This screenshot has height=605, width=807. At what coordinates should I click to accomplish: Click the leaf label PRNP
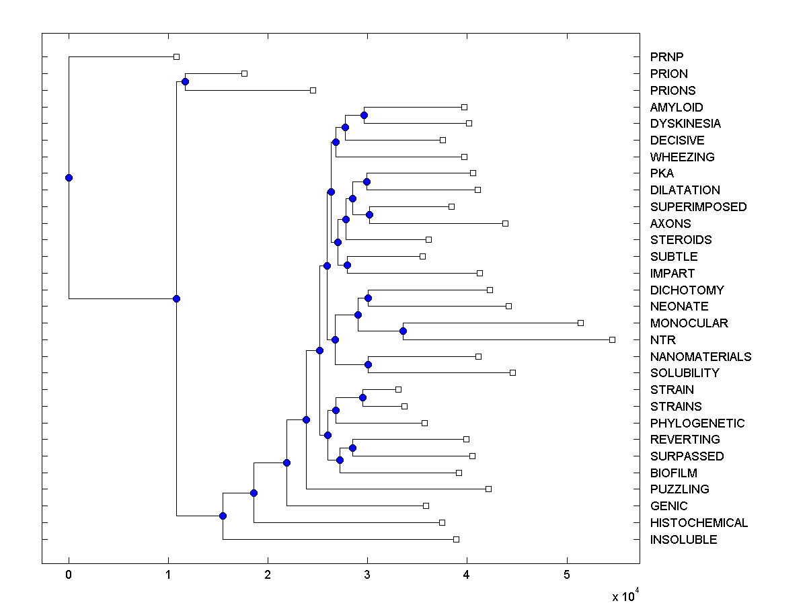(666, 57)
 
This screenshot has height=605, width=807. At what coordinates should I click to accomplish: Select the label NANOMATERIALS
(701, 356)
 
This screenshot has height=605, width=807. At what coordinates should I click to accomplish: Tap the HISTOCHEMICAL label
(699, 522)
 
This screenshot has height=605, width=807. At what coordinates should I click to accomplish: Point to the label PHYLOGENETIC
(697, 423)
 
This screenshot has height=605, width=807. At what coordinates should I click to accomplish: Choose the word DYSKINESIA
(685, 124)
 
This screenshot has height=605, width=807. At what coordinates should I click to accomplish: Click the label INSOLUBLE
(683, 539)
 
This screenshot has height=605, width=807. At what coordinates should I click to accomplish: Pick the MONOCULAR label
(689, 323)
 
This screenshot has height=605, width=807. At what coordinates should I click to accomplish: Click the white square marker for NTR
(612, 339)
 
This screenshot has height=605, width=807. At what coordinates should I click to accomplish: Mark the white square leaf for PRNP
(176, 57)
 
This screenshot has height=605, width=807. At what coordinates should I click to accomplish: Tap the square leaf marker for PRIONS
(313, 90)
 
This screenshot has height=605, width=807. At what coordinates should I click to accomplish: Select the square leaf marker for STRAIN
(398, 389)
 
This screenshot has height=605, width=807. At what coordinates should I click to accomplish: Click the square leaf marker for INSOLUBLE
(456, 539)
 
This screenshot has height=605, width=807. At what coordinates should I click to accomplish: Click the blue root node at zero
(69, 177)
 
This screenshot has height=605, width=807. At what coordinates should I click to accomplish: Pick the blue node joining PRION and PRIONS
(185, 81)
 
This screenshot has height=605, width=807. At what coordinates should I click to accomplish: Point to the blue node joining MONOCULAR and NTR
(403, 331)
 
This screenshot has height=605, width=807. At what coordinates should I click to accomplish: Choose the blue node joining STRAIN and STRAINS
(362, 397)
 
